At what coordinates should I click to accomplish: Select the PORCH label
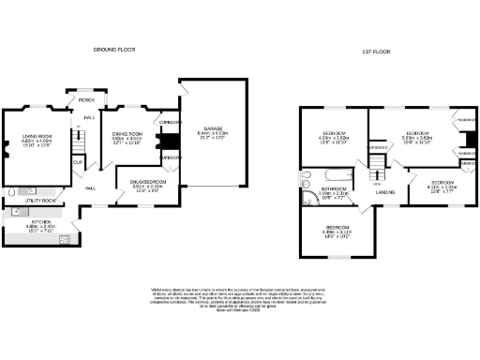[x=87, y=100]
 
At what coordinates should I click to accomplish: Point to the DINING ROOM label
[x=127, y=135]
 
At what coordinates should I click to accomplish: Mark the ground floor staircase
[x=81, y=141]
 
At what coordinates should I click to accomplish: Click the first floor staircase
[x=378, y=168]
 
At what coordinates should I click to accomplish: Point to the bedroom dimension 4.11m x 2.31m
[x=442, y=187]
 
